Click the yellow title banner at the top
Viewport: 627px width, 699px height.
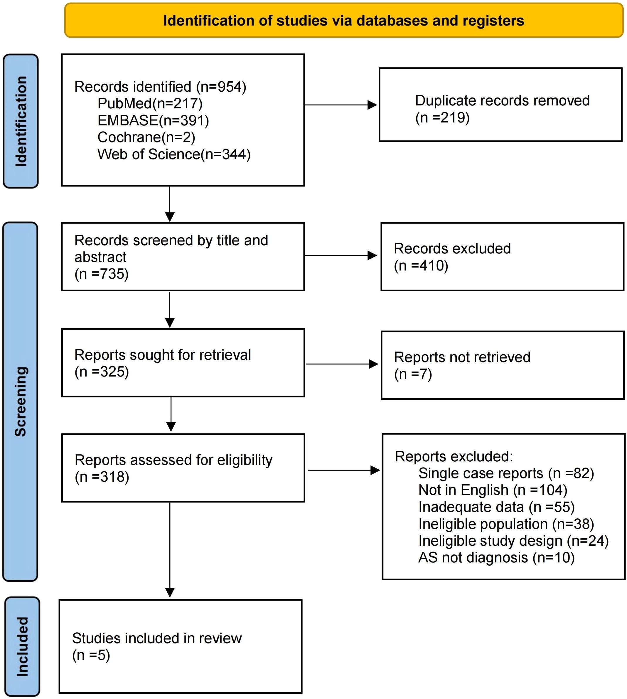pyautogui.click(x=343, y=21)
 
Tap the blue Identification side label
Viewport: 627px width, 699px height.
pyautogui.click(x=21, y=121)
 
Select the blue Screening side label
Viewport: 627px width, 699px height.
pyautogui.click(x=20, y=401)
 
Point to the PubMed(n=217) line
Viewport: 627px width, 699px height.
pyautogui.click(x=150, y=103)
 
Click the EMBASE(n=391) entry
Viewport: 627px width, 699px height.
pyautogui.click(x=153, y=120)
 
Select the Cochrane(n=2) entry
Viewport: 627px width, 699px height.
pyautogui.click(x=146, y=137)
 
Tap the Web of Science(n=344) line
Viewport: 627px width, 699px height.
pyautogui.click(x=174, y=154)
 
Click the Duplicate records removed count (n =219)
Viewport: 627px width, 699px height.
pyautogui.click(x=442, y=117)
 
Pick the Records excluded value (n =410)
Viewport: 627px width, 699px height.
pyautogui.click(x=421, y=266)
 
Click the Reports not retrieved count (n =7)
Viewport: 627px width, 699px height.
pyautogui.click(x=413, y=374)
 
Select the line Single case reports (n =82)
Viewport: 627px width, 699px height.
pyautogui.click(x=506, y=473)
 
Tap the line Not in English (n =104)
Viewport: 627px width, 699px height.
pyautogui.click(x=493, y=490)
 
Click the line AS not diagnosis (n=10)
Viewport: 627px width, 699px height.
pyautogui.click(x=496, y=558)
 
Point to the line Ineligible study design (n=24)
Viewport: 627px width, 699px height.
pyautogui.click(x=513, y=541)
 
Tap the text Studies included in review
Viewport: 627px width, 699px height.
pyautogui.click(x=157, y=638)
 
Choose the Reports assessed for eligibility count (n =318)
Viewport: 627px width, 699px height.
pyautogui.click(x=102, y=477)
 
